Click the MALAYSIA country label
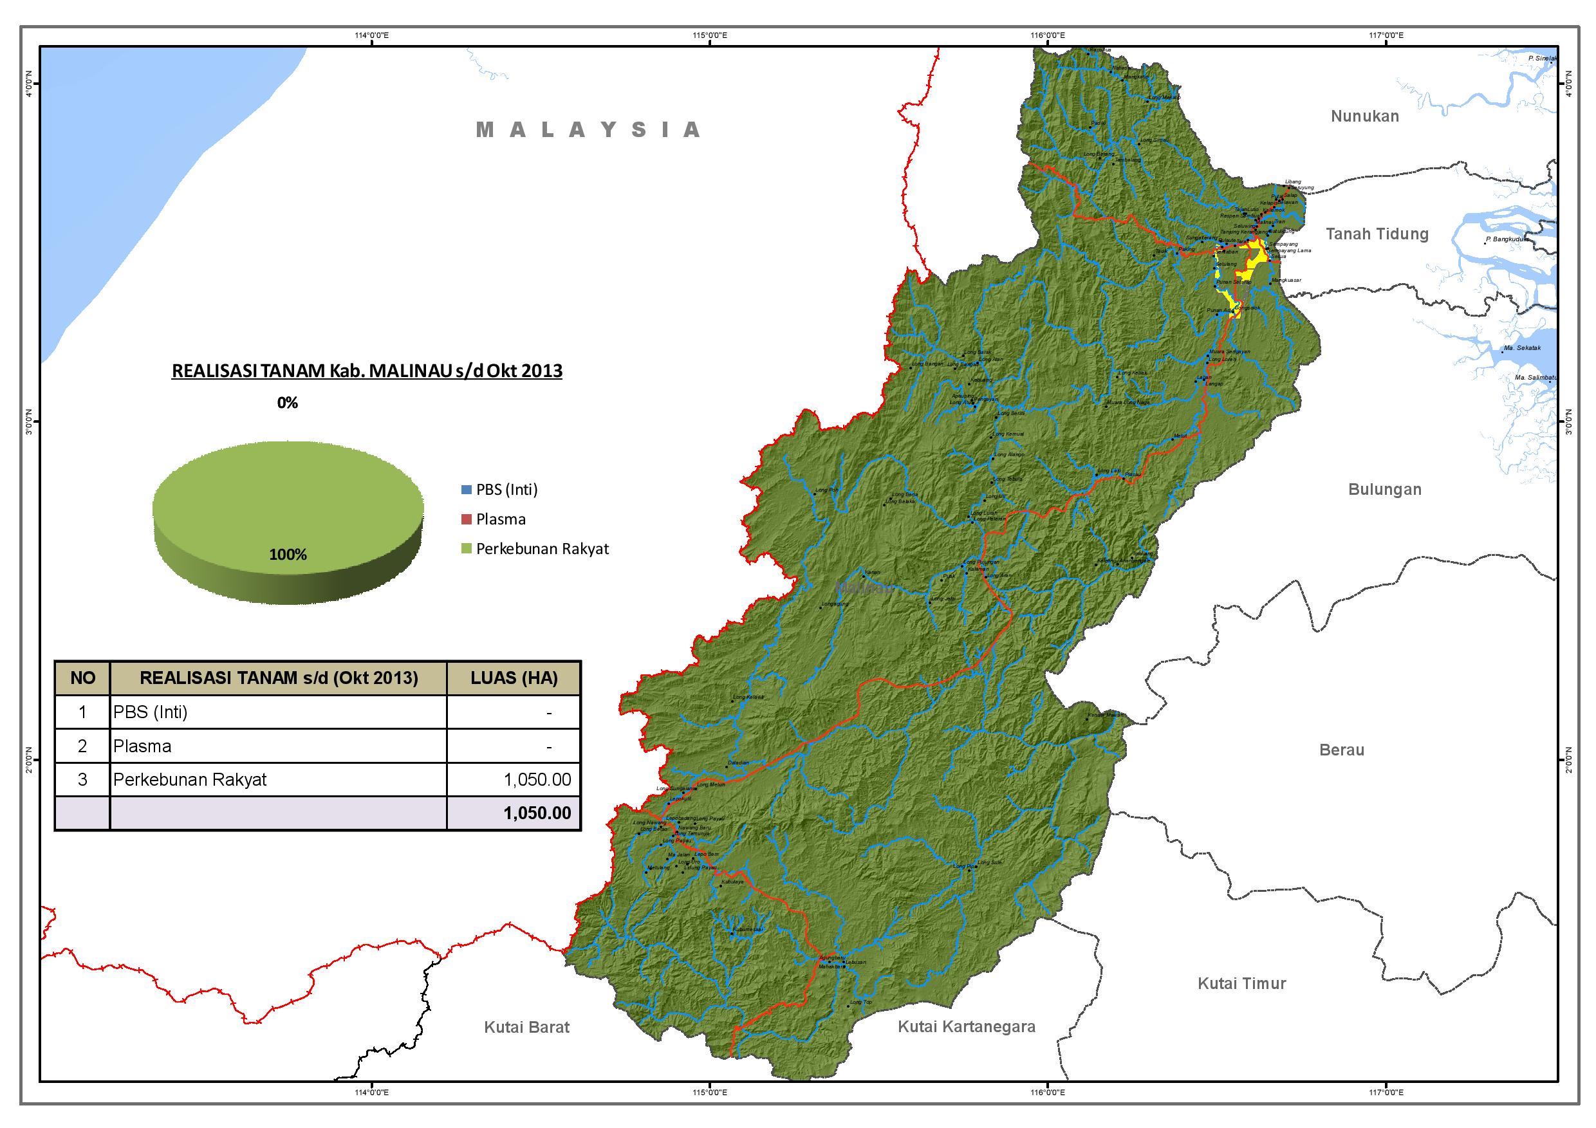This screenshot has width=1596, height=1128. point(588,130)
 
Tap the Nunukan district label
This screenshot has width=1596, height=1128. point(1364,116)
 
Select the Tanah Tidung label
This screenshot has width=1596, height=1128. point(1377,234)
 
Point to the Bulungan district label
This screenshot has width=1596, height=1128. point(1384,489)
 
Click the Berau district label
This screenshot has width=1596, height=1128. point(1342,750)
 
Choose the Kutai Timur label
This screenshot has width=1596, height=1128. point(1241,983)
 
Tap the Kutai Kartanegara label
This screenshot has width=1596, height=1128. point(966,1026)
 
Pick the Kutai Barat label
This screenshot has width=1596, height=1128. point(526,1027)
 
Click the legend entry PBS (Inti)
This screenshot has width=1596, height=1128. point(506,489)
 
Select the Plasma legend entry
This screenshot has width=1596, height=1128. point(500,519)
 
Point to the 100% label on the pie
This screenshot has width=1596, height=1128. point(288,555)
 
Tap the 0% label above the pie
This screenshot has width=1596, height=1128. point(287,402)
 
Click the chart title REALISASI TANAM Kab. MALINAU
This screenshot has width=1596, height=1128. point(367,371)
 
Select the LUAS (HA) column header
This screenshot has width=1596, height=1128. point(514,678)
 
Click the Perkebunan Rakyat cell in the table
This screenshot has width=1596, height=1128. point(190,780)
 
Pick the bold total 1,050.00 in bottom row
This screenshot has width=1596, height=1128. point(537,813)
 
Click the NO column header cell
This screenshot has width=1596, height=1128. point(83,678)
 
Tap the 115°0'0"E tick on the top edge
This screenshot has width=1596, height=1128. point(710,35)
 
